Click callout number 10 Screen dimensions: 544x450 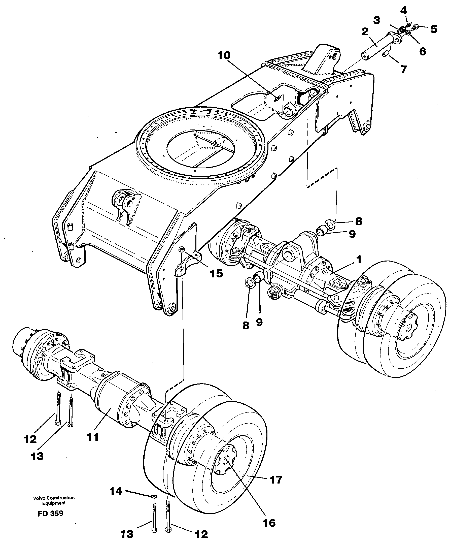click(224, 55)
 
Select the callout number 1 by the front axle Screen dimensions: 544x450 click(358, 259)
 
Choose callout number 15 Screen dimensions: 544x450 click(217, 273)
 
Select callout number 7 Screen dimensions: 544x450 click(404, 69)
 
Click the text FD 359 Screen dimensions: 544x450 click(50, 514)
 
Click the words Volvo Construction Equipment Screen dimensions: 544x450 click(54, 500)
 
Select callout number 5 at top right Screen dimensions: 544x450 click(433, 29)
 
